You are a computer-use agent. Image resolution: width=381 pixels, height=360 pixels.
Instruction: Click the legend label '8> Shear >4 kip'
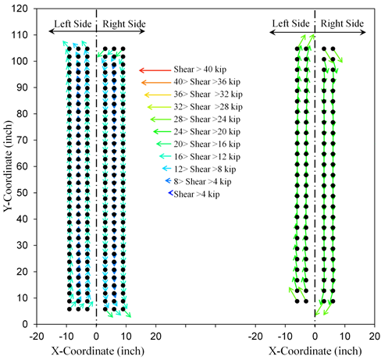[x=198, y=181]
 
